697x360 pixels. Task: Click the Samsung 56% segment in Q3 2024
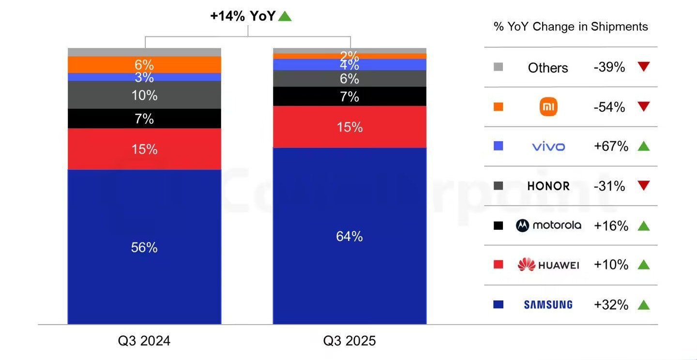(x=144, y=247)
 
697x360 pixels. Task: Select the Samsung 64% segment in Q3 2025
(x=349, y=236)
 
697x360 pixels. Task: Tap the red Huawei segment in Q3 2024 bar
(x=144, y=149)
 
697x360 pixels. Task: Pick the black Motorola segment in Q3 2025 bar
(x=349, y=96)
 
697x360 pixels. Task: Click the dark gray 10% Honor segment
(x=144, y=95)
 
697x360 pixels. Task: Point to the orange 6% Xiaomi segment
(x=144, y=64)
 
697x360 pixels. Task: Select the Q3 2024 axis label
(x=144, y=341)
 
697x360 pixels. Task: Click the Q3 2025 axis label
(x=349, y=341)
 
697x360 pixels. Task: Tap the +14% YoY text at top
(x=242, y=16)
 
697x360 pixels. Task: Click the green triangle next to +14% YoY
(x=285, y=16)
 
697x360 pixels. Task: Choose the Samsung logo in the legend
(x=548, y=304)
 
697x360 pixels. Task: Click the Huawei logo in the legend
(x=548, y=265)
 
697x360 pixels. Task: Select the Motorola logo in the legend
(x=548, y=225)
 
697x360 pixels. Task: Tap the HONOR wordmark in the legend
(x=548, y=186)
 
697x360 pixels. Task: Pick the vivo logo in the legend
(x=548, y=146)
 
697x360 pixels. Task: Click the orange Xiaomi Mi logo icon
(x=548, y=107)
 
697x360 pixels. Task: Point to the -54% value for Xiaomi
(x=609, y=107)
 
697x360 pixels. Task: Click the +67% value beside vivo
(x=610, y=146)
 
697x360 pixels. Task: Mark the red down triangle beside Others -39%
(x=643, y=67)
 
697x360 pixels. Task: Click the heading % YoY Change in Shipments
(x=571, y=27)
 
